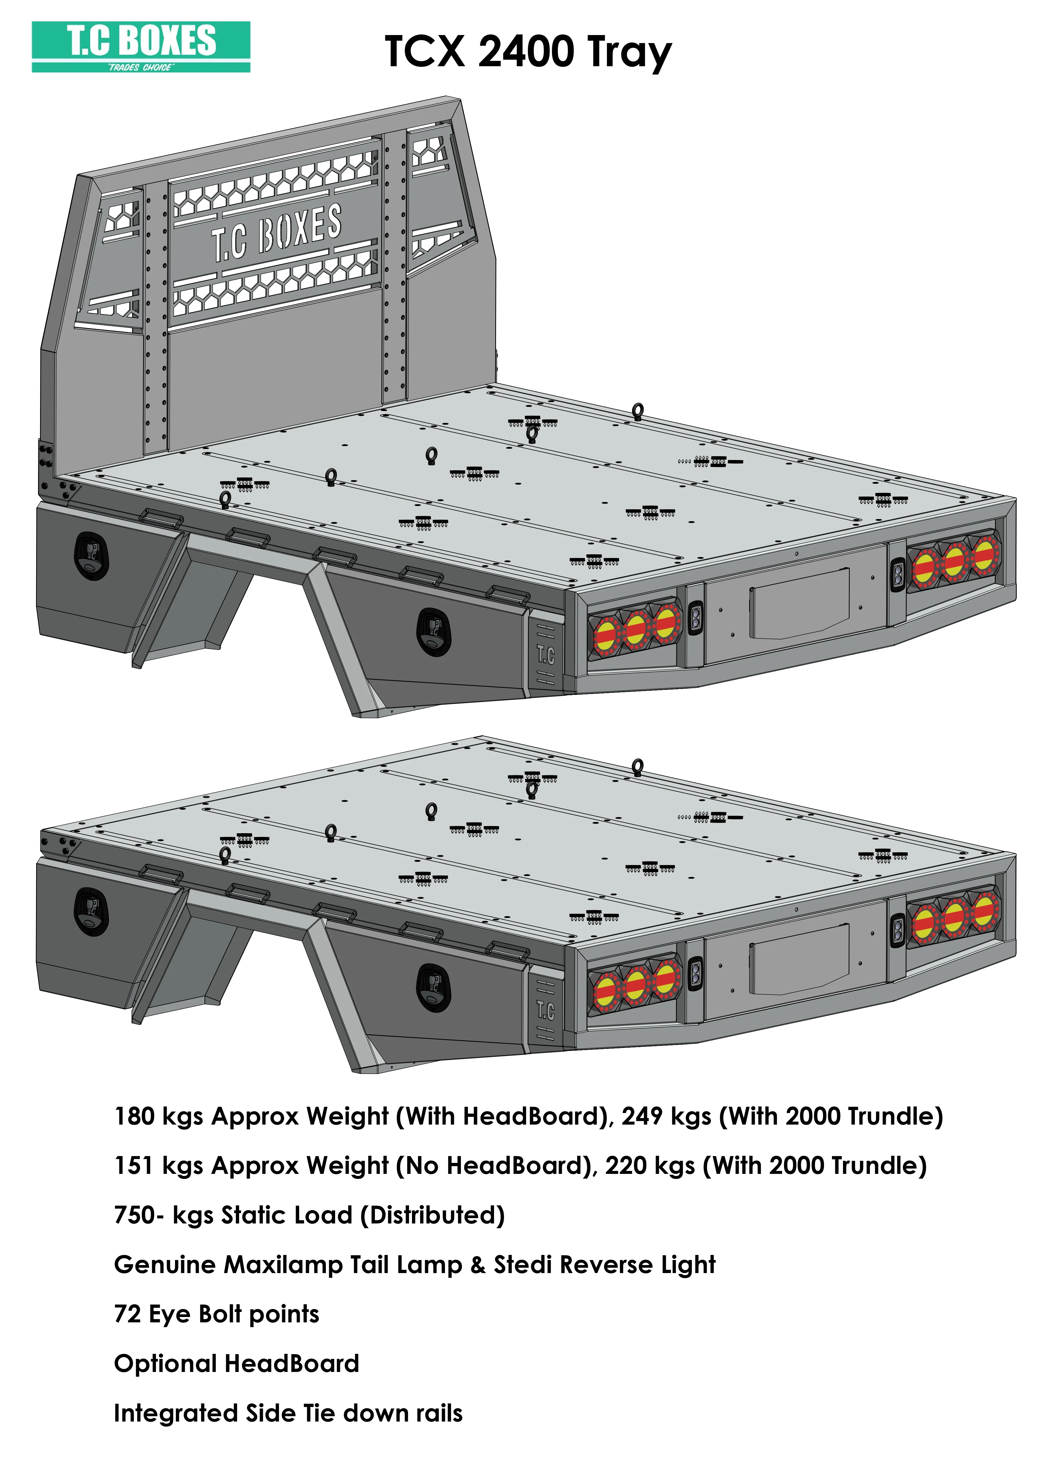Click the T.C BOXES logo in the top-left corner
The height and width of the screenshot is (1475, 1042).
click(x=141, y=46)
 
